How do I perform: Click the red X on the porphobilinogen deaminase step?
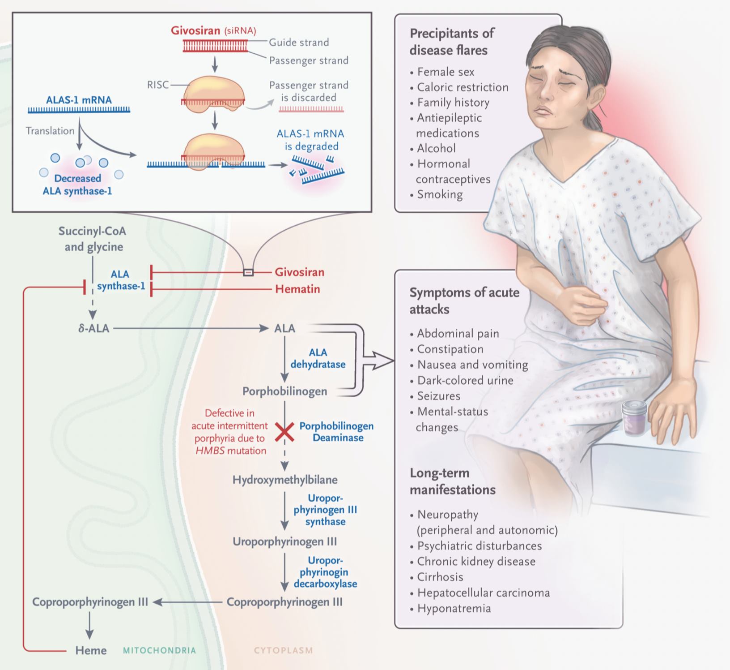coord(284,432)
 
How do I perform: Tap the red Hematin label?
coord(297,289)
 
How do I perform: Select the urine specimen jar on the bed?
coord(635,418)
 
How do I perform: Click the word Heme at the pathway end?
coord(91,650)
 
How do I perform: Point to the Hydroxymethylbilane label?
coord(285,480)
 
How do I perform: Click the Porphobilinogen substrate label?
coord(285,391)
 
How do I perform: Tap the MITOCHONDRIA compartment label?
coord(159,650)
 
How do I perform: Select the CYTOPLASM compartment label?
coord(284,650)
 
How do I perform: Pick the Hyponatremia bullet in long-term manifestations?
coord(450,608)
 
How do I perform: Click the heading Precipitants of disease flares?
coord(452,42)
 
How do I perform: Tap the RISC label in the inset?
coord(158,85)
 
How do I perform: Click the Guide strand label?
coord(299,43)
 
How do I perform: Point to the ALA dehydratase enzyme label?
coord(318,358)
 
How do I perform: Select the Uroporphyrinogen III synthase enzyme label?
coord(325,510)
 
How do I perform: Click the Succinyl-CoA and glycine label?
coord(93,239)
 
